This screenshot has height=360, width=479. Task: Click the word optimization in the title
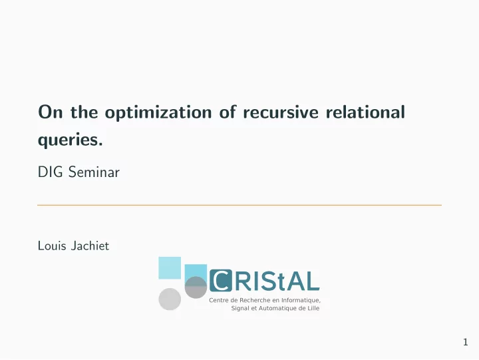pos(158,112)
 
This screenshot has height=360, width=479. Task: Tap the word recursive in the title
pos(281,112)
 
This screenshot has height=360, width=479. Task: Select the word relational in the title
pos(365,112)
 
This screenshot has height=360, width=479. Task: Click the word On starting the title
pos(51,112)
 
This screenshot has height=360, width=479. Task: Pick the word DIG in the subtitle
pos(51,172)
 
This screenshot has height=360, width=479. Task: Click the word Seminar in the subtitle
pos(94,172)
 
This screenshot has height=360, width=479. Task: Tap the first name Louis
pos(52,246)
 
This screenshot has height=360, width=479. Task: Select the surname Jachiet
pos(90,246)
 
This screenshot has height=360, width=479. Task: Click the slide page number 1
pos(466,342)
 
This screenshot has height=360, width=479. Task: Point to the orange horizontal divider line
pos(239,205)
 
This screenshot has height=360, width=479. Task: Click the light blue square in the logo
pos(170,268)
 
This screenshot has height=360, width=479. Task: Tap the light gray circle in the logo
pos(170,299)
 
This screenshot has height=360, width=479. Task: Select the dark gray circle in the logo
pos(196,287)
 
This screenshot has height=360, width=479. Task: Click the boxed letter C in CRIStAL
pos(221,280)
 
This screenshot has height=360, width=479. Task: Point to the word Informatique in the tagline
pos(301,300)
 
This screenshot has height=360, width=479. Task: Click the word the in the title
pos(84,112)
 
